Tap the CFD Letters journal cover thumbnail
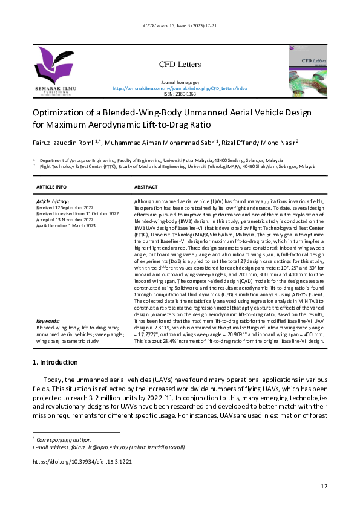[309, 70]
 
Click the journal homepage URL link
[180, 88]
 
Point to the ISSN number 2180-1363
[180, 94]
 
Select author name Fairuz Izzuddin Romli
[67, 143]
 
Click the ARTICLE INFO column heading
[51, 187]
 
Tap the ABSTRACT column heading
[146, 187]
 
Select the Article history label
[53, 201]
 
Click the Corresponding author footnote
[64, 439]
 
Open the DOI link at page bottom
[81, 461]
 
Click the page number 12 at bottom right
[324, 487]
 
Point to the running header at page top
[180, 27]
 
